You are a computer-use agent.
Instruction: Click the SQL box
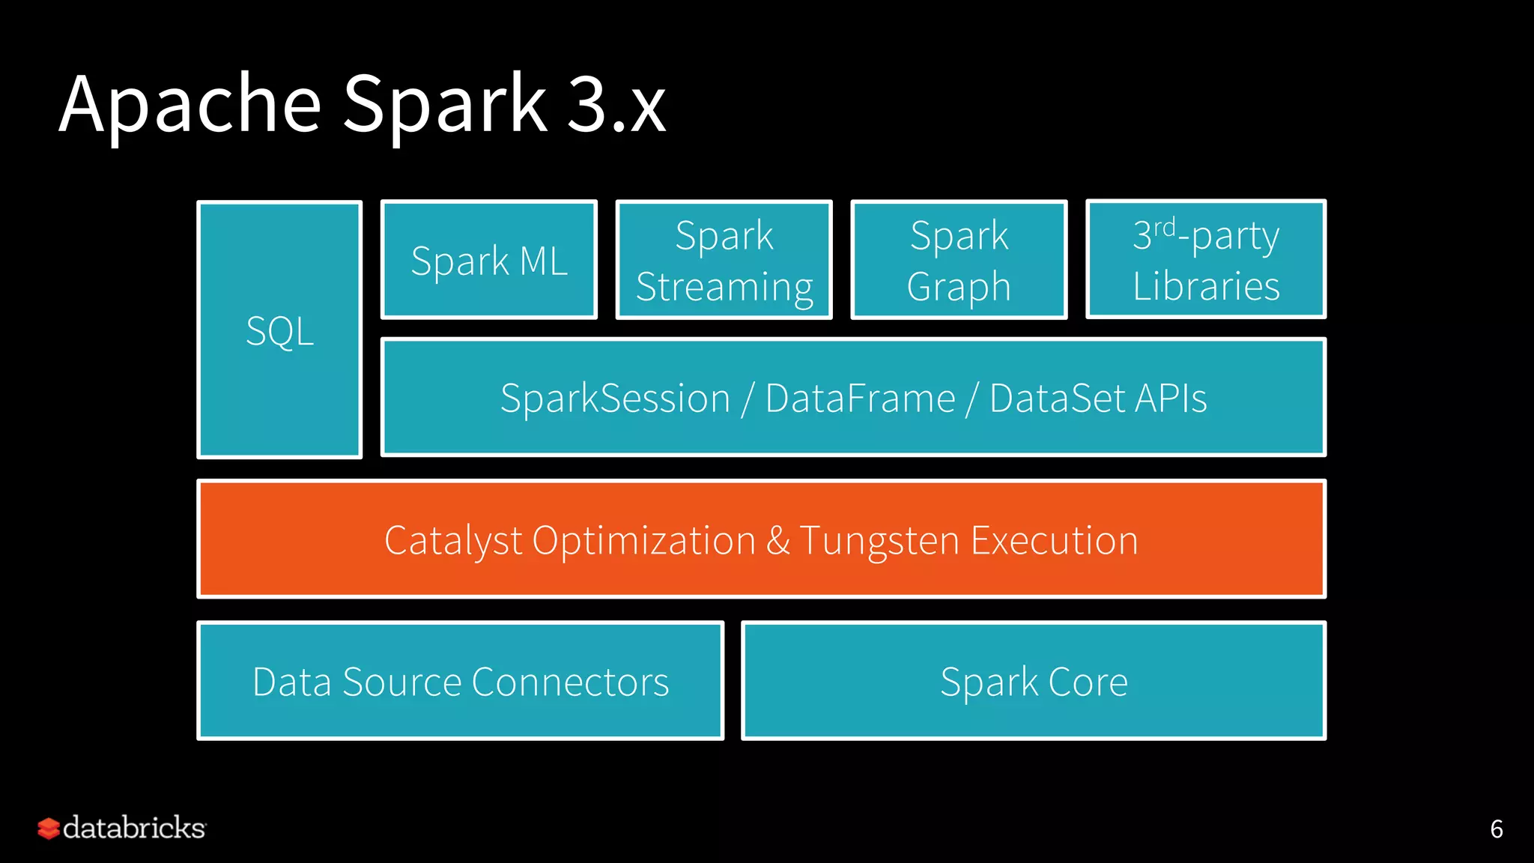tap(279, 330)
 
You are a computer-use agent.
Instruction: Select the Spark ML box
tap(489, 260)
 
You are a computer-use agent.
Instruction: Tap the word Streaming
tap(724, 288)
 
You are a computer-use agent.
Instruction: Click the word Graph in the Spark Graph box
tap(959, 288)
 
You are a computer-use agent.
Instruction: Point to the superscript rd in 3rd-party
tap(1164, 226)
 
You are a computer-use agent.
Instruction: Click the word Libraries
tap(1206, 286)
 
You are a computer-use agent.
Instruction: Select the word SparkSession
tap(615, 398)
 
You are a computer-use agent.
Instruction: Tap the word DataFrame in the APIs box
tap(860, 398)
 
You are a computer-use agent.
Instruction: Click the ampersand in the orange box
tap(777, 541)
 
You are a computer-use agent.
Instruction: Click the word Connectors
tap(570, 682)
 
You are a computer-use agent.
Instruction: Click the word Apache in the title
tap(190, 105)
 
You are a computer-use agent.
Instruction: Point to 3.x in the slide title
tap(616, 105)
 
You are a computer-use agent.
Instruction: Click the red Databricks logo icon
tap(48, 828)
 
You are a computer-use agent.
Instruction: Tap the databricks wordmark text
tap(134, 828)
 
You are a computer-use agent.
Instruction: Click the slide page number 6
tap(1496, 829)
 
